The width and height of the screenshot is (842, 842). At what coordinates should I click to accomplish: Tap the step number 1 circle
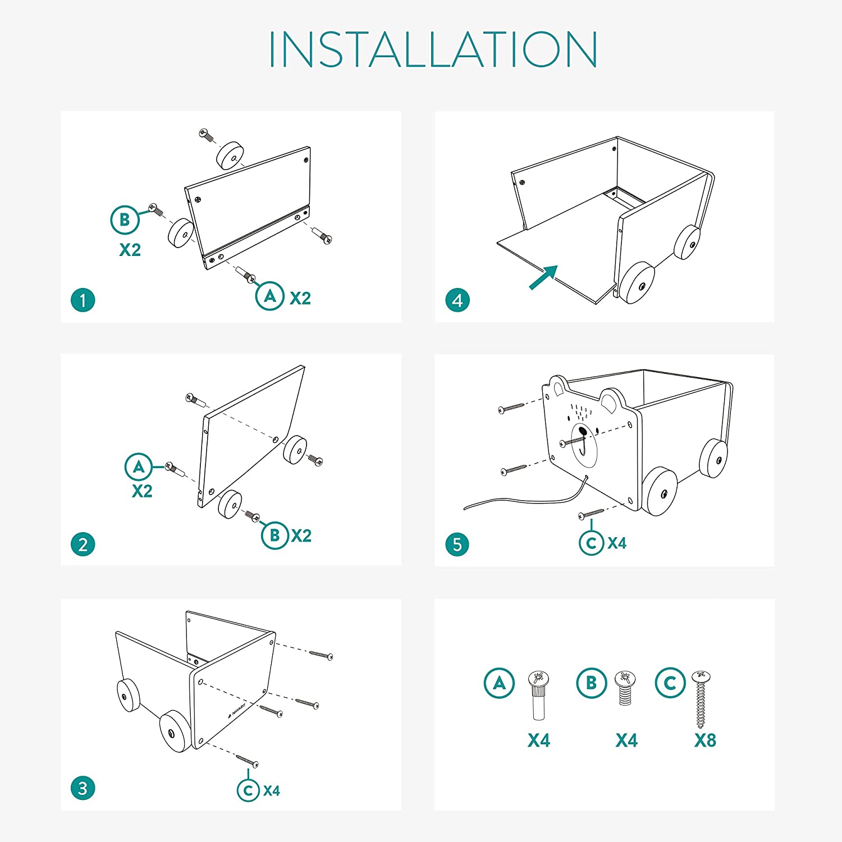coord(83,300)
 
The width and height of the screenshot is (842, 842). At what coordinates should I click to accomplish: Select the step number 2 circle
coord(83,544)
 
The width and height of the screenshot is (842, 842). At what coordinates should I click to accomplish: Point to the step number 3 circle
coord(83,788)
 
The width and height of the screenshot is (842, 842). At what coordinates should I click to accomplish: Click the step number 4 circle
coord(457,300)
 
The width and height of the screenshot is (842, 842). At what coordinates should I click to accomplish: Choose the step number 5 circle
coord(457,544)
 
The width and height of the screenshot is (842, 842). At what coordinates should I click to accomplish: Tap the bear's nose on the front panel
coord(583,432)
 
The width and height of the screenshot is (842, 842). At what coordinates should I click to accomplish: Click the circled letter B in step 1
coord(125,220)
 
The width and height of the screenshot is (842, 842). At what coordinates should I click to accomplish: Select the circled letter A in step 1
coord(270,296)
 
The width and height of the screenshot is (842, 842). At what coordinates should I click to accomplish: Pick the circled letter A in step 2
coord(139,467)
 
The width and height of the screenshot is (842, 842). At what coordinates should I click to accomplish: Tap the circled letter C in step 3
coord(248,790)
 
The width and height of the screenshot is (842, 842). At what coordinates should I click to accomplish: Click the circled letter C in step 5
coord(591,543)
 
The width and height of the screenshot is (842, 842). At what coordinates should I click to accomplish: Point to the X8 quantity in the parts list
coord(705,740)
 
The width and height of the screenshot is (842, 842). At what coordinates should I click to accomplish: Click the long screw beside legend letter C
coord(701,699)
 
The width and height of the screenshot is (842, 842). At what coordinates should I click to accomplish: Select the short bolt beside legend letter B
coord(625,688)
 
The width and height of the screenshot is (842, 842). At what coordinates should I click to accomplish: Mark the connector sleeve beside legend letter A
coord(538,695)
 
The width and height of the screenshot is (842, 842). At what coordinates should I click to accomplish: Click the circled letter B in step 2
coord(275,536)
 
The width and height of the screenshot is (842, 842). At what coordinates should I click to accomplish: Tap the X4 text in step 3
coord(272,790)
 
